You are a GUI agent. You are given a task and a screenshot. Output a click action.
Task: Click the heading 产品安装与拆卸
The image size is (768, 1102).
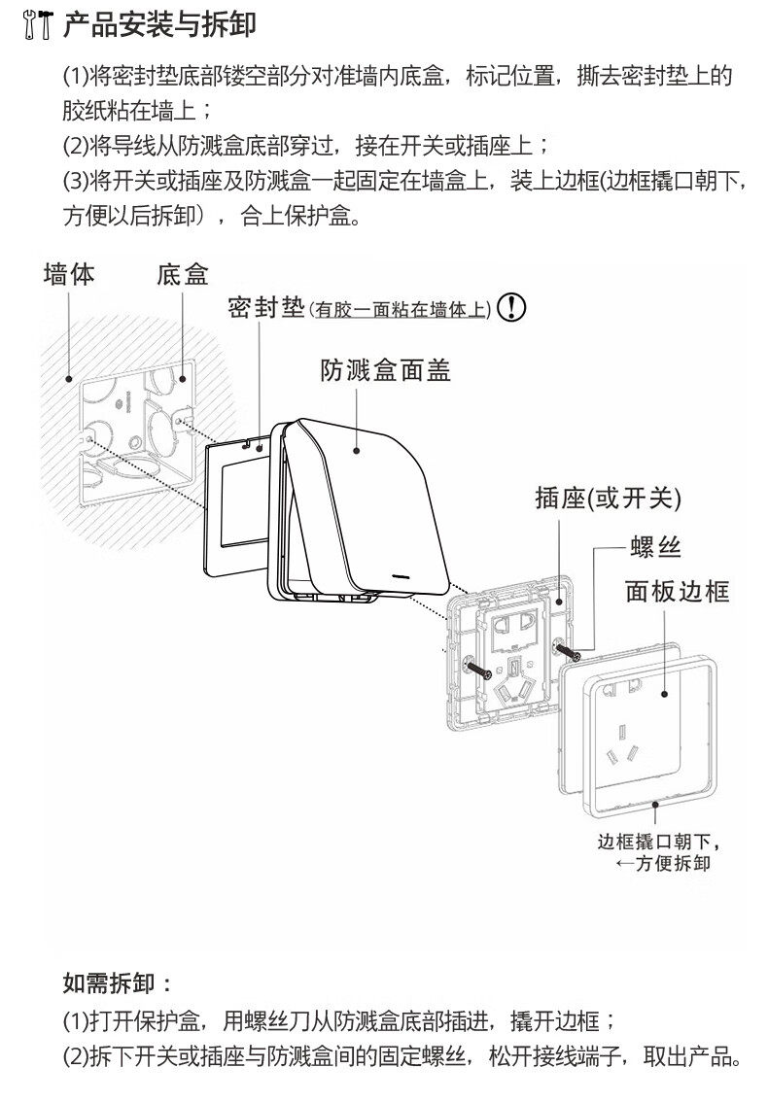click(x=159, y=25)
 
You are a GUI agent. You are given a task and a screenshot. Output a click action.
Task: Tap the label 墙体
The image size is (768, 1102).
click(x=70, y=274)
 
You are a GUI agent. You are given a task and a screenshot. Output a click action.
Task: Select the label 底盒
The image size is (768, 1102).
click(x=183, y=274)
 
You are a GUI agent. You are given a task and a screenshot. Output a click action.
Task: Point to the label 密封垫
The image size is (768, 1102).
click(x=266, y=308)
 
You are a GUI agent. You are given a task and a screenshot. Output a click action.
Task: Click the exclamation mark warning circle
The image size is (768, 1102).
click(x=511, y=308)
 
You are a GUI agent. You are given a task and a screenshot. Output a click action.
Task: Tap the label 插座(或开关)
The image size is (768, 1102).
click(x=608, y=499)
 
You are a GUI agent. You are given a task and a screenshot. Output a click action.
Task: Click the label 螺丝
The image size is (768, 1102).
click(x=655, y=548)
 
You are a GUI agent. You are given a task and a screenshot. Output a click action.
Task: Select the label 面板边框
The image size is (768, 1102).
click(x=677, y=590)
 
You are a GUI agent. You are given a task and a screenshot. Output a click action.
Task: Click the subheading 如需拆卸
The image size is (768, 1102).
click(x=118, y=982)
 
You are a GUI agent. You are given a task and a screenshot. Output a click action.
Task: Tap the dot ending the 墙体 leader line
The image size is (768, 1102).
click(x=69, y=377)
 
